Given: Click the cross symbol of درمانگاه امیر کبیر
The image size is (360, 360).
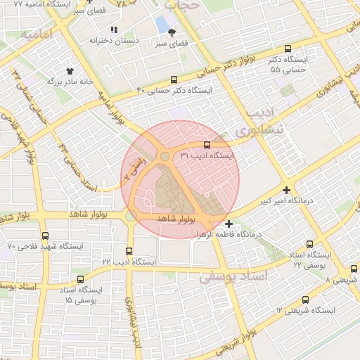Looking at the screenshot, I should [x=286, y=190].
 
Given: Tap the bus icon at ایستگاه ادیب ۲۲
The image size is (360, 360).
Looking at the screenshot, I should [x=128, y=251].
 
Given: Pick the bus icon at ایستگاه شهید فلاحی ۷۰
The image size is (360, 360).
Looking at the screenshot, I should [x=46, y=236].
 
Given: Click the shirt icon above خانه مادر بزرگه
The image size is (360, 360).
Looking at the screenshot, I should [x=70, y=71].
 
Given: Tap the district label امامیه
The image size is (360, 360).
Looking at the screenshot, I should [x=38, y=34].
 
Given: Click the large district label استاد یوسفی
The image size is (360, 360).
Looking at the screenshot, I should [x=233, y=278].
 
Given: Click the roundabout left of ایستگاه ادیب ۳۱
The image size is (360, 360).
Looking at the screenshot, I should [x=165, y=156].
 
